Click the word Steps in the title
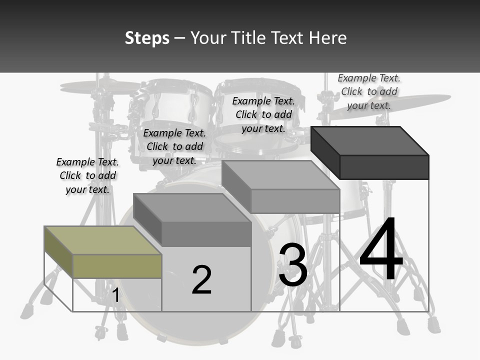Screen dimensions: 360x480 [147, 38]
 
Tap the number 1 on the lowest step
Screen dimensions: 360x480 [115, 295]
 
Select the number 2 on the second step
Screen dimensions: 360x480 [201, 280]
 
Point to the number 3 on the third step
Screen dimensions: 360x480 [293, 265]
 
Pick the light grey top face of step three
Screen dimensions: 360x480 [280, 175]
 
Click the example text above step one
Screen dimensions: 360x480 [87, 175]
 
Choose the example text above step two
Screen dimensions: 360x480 [174, 146]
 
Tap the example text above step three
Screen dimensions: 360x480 [263, 114]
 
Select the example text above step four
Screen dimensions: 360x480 [369, 91]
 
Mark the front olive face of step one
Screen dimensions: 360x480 [117, 266]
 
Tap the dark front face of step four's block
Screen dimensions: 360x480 [384, 167]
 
